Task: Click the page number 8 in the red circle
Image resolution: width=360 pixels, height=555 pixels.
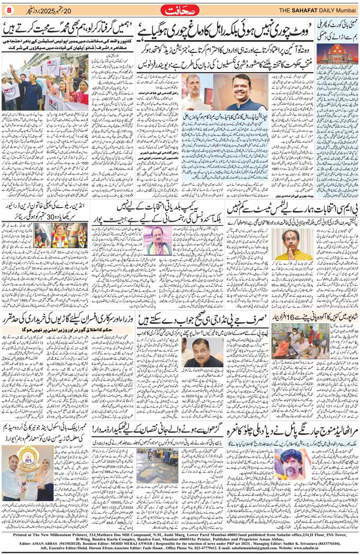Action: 9,10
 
